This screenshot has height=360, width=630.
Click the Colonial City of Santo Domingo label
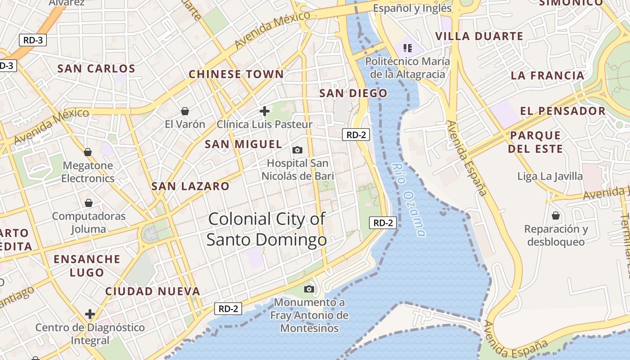pyautogui.click(x=266, y=229)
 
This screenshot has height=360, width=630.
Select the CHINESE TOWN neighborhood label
pyautogui.click(x=236, y=74)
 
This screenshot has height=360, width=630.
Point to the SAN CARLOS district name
pyautogui.click(x=96, y=69)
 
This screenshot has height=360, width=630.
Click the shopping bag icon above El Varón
pyautogui.click(x=184, y=111)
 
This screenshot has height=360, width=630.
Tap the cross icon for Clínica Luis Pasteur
pyautogui.click(x=265, y=111)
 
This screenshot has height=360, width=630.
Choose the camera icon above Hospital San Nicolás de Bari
pyautogui.click(x=297, y=150)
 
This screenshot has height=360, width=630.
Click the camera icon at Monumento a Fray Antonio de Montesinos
pyautogui.click(x=309, y=289)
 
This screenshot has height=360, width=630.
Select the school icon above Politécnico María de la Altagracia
pyautogui.click(x=408, y=48)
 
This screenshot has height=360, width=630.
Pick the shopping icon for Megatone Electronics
pyautogui.click(x=88, y=152)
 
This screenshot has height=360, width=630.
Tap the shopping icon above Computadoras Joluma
pyautogui.click(x=89, y=203)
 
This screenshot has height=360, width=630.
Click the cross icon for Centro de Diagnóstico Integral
pyautogui.click(x=90, y=314)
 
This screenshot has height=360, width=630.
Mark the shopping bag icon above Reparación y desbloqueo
pyautogui.click(x=556, y=216)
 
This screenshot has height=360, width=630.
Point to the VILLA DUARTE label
pyautogui.click(x=479, y=36)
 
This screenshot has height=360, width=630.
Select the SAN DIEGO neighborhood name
pyautogui.click(x=353, y=94)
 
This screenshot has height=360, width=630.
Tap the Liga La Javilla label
pyautogui.click(x=550, y=176)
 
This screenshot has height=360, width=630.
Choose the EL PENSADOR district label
pyautogui.click(x=562, y=111)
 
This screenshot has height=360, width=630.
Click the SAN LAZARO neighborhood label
pyautogui.click(x=190, y=186)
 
